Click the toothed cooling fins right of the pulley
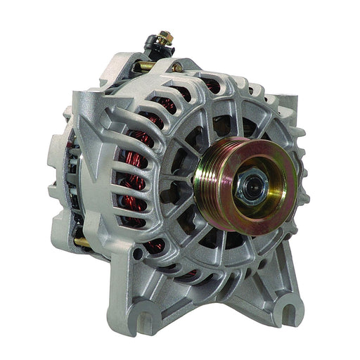click(295, 176)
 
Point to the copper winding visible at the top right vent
click(211, 86)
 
